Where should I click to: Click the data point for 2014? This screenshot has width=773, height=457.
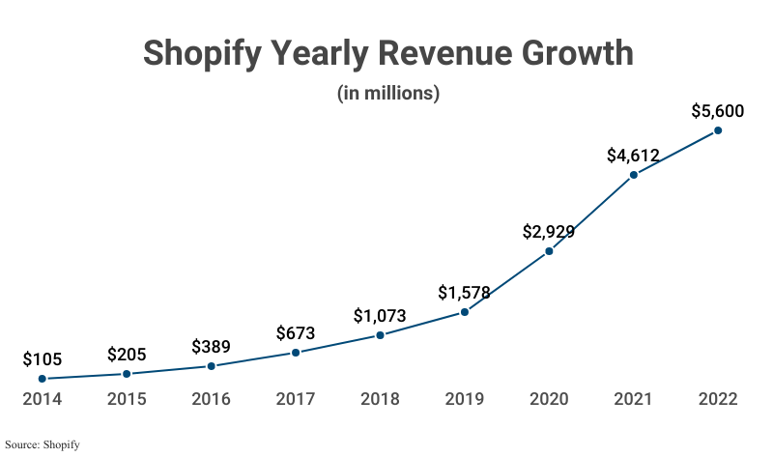point(42,379)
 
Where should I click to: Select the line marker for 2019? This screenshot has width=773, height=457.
point(465,311)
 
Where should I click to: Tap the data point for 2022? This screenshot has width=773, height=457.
point(718,130)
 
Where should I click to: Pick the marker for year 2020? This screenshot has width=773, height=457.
point(549,251)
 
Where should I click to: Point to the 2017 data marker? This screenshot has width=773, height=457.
point(296,353)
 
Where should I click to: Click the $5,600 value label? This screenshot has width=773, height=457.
point(718,111)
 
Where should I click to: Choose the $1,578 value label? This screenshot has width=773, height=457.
point(465,292)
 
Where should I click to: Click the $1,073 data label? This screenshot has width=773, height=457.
point(380,315)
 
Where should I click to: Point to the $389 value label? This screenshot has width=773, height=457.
point(211,346)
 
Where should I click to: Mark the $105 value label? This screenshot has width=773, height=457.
point(42,359)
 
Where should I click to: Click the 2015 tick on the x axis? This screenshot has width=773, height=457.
point(127,399)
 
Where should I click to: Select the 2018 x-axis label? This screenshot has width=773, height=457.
point(380,399)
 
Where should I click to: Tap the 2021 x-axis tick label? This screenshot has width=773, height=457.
point(633,399)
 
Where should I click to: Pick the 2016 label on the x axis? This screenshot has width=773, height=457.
point(211,399)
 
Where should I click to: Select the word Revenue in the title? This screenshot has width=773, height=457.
point(420,53)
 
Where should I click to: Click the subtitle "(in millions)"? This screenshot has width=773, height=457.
point(388,94)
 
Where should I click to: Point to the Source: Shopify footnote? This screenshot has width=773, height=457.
point(42,444)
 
